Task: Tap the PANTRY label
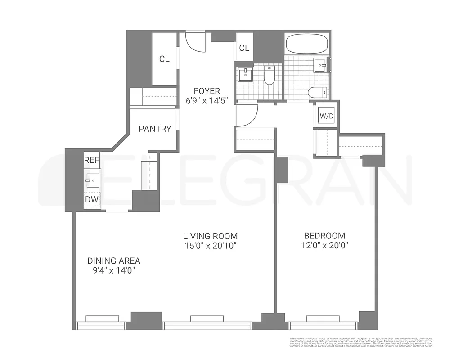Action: pos(155,129)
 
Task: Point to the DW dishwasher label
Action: pos(92,199)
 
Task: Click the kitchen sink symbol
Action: pos(92,180)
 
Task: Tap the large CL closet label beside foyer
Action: pos(164,59)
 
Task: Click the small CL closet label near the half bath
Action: pos(244,48)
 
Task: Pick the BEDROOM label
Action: pos(324,236)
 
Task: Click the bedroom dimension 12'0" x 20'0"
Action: pos(324,246)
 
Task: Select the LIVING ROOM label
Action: pos(210,236)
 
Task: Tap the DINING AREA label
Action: pos(114,261)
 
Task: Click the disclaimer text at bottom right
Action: pos(360,342)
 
